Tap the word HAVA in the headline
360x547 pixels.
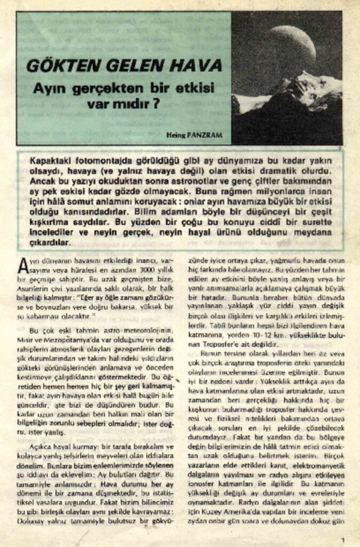[x=197, y=66]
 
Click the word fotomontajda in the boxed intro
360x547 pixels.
[x=103, y=161]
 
